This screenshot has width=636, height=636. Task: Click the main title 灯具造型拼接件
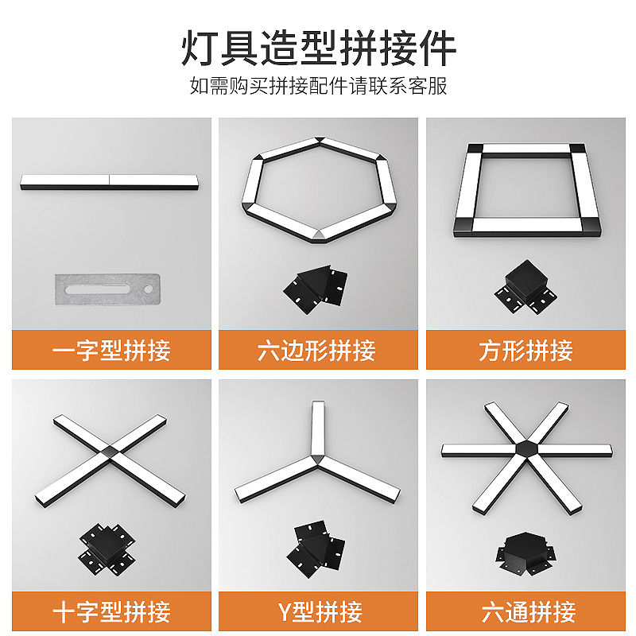319,48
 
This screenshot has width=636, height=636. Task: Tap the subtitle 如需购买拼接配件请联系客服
319,86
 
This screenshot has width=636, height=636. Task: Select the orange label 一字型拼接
111,350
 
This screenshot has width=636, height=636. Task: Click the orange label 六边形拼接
316,350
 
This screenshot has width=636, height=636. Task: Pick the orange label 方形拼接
525,350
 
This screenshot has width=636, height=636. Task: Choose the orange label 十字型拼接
111,611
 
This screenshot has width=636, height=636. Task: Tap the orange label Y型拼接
320,611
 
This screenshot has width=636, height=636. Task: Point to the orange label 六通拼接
529,611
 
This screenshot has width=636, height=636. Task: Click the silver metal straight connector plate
107,289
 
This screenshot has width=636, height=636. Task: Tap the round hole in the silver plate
149,289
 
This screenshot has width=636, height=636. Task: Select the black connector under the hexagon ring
316,289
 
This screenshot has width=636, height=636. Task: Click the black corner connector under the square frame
525,287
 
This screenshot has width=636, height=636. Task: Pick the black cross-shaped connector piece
107,549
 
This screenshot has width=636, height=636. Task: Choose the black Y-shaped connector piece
316,549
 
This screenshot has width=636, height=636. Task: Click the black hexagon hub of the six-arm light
527,448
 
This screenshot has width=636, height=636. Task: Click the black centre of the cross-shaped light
110,452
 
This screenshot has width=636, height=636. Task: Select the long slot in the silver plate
97,289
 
